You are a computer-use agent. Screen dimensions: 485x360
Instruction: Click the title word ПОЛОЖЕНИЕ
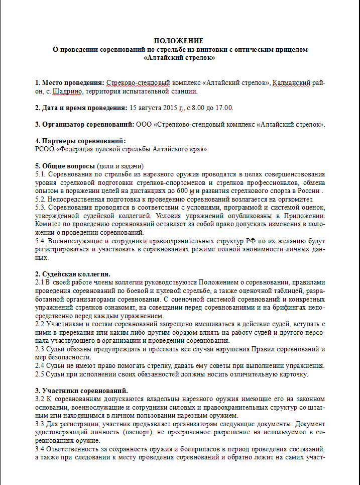[x=179, y=41]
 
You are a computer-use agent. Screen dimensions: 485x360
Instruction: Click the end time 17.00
[x=224, y=108]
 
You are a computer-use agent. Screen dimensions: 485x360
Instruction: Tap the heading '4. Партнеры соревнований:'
[x=80, y=141]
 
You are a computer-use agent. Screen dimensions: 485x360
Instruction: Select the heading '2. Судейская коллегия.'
[x=73, y=274]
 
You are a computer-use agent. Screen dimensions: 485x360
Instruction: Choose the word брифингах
[x=283, y=308]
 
